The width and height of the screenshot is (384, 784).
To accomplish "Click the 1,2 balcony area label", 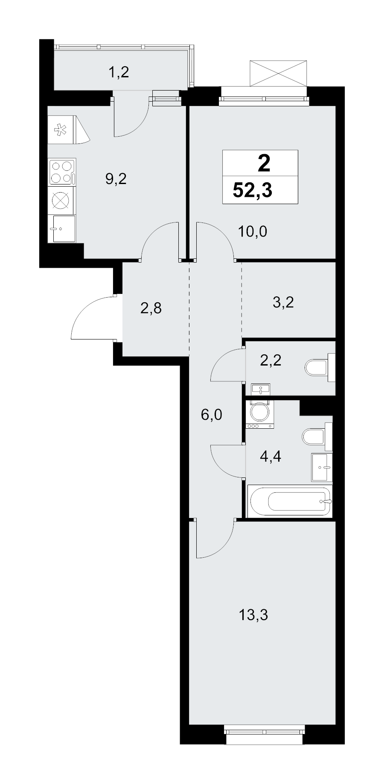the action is tap(118, 73).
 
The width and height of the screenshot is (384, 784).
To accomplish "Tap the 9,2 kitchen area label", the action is tap(116, 179).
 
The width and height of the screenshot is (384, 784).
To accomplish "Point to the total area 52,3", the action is tap(252, 190).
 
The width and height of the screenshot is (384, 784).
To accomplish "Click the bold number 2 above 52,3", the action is tap(264, 164).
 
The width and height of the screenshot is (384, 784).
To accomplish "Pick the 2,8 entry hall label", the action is tap(151, 307).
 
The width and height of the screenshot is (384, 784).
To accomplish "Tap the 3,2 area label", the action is tap(283, 303).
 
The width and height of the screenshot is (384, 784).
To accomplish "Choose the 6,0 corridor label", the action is tap(212, 414).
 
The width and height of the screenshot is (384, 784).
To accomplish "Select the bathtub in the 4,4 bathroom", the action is tap(290, 501).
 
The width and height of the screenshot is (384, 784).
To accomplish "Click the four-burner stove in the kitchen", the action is tap(62, 172).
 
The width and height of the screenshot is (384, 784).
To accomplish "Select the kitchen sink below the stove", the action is tap(62, 228).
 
